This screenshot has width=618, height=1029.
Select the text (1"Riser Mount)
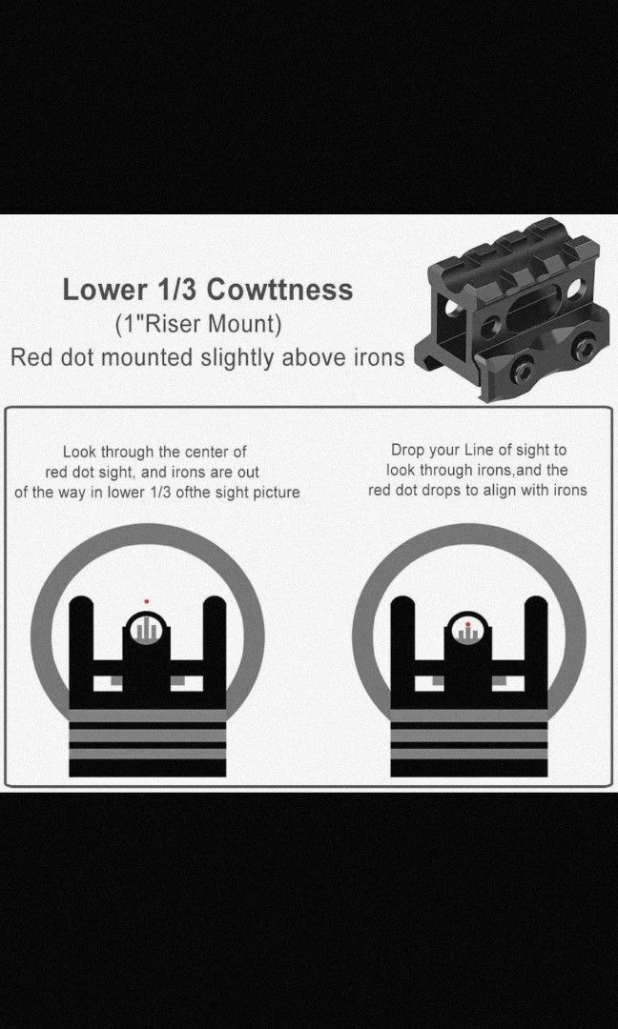coord(198,324)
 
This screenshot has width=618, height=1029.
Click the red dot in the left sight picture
coord(147,601)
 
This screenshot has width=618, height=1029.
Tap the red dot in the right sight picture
coord(467,624)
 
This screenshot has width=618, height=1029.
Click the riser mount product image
coord(514,309)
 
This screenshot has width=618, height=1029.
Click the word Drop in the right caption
coord(407,450)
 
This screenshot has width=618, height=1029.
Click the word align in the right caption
coord(509,491)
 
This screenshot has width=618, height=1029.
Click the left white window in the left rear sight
coord(108,683)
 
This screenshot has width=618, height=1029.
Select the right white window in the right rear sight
coord(508,683)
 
